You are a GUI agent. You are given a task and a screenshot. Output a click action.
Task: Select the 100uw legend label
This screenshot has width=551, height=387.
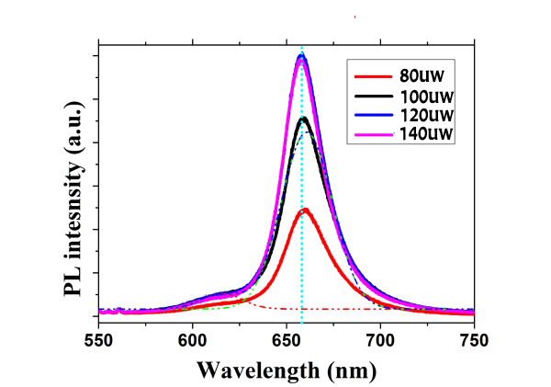[429, 96]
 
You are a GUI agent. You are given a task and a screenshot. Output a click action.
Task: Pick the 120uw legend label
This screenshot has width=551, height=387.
[429, 116]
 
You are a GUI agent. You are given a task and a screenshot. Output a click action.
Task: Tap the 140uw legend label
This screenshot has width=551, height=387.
[429, 135]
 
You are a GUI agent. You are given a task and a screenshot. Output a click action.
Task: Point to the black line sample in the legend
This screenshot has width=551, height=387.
[374, 96]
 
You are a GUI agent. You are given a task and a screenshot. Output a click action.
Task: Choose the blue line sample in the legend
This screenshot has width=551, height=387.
[374, 116]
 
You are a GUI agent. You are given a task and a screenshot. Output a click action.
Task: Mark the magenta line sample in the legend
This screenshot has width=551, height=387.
[374, 135]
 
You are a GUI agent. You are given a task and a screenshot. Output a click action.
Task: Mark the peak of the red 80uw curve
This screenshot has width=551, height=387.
[305, 211]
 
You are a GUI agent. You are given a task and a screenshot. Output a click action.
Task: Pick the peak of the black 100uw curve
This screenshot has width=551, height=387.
[304, 119]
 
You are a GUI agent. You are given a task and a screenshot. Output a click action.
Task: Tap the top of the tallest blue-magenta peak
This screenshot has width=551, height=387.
[301, 57]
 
